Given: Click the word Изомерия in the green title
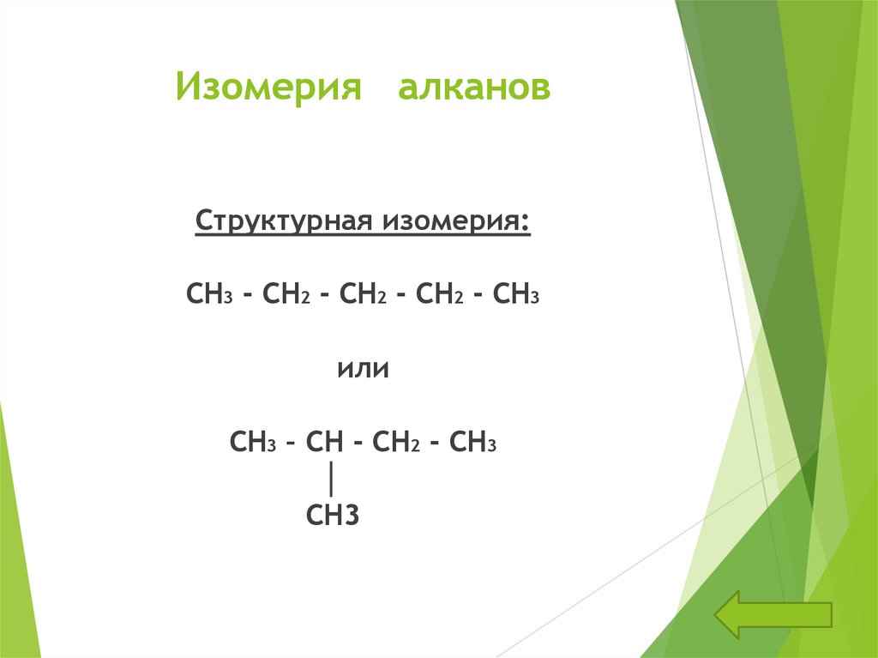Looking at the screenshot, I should tap(268, 88).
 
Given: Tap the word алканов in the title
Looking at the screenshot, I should tap(473, 88).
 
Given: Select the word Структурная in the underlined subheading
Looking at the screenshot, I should tap(282, 220).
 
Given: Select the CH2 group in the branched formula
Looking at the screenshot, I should tap(395, 443).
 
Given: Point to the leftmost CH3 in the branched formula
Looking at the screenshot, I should tap(252, 443).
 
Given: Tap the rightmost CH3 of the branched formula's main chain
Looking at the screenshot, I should tap(472, 443).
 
